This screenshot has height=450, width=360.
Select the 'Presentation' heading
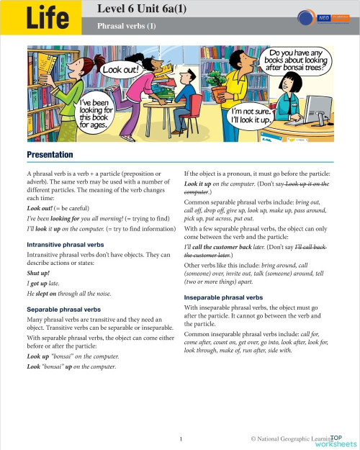(x=50, y=155)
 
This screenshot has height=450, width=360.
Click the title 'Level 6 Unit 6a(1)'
(x=148, y=9)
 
